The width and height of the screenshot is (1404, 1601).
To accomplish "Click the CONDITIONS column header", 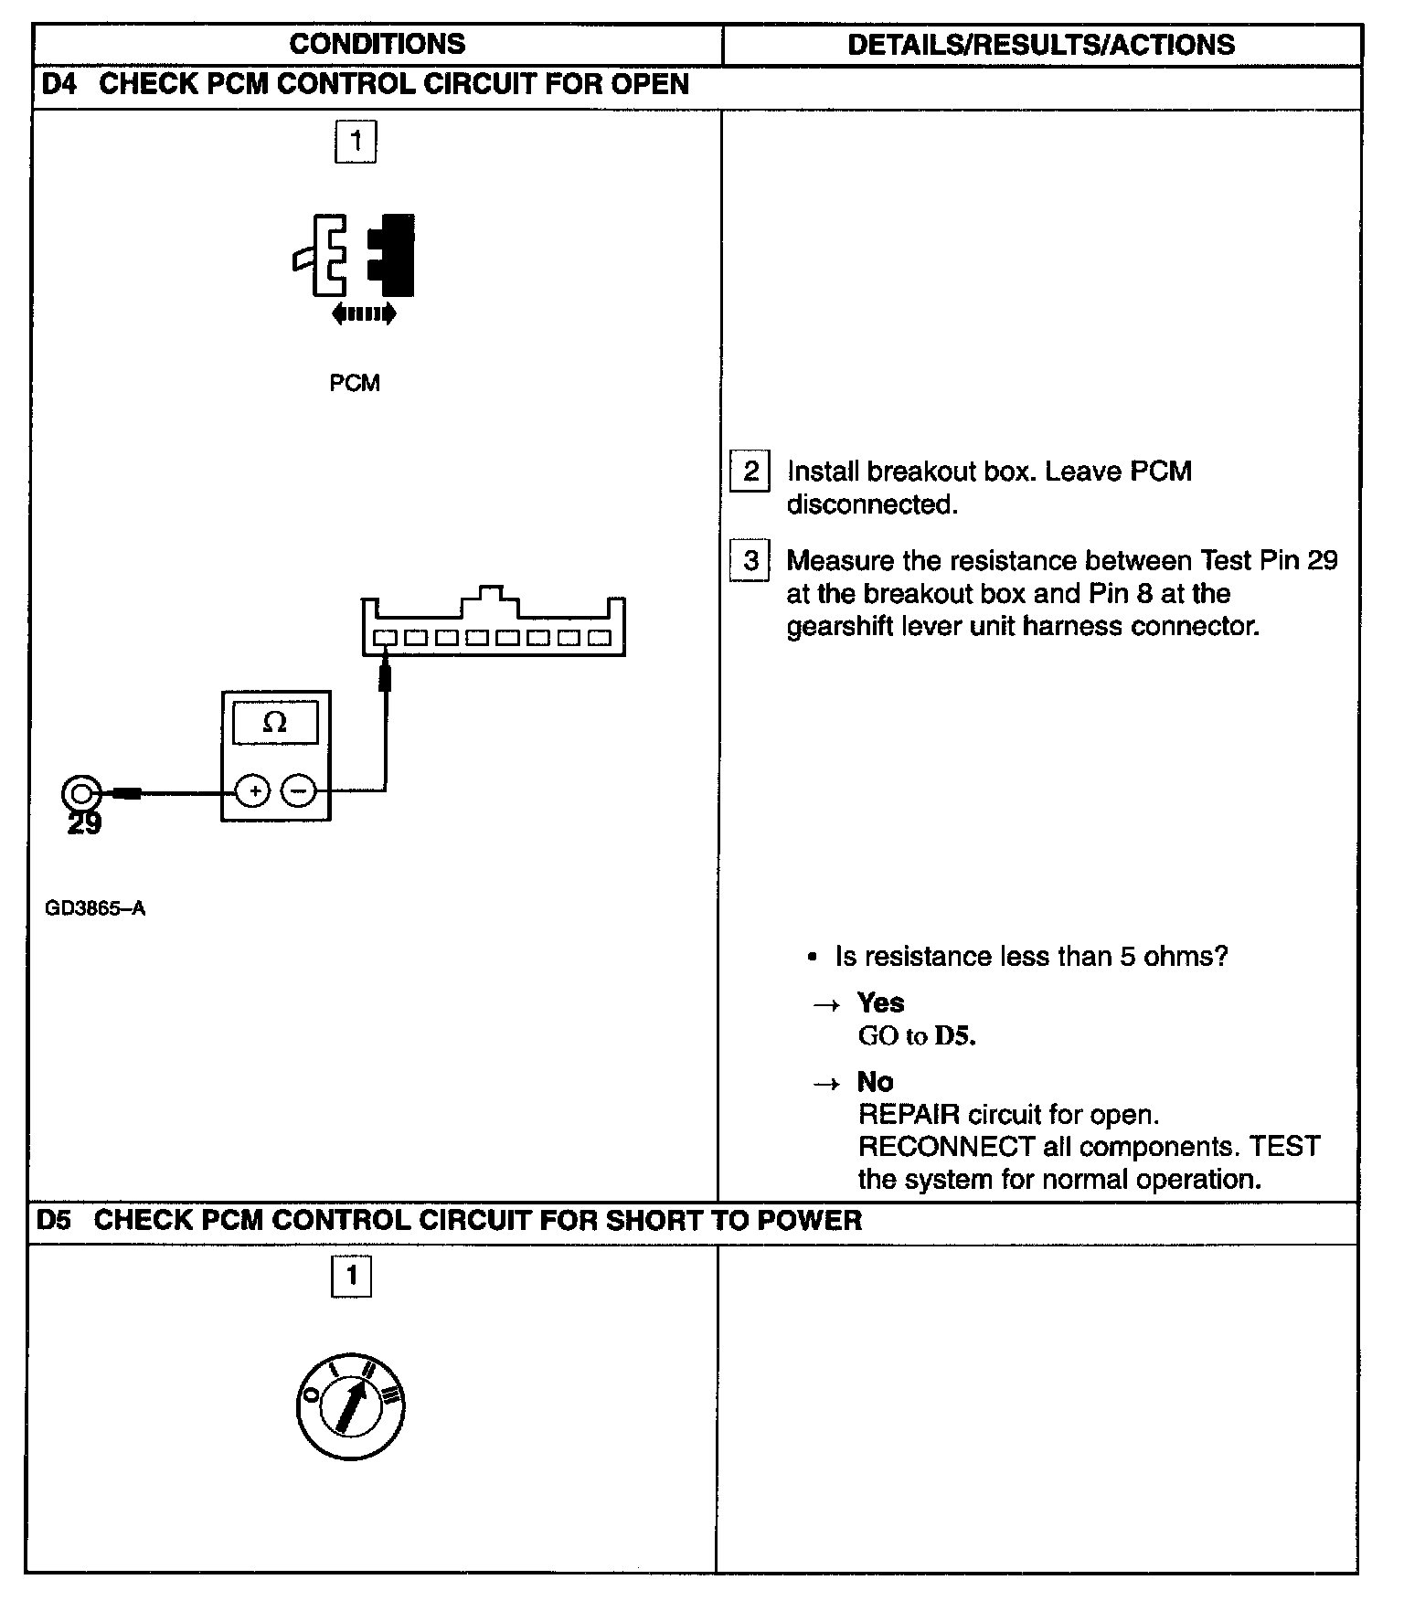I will (377, 44).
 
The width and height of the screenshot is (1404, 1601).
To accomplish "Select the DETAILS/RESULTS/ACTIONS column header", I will (1041, 45).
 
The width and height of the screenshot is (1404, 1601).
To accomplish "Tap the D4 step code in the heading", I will (60, 84).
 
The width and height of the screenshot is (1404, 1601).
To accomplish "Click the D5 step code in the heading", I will (54, 1220).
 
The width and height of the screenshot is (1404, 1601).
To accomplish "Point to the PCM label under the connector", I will (355, 383).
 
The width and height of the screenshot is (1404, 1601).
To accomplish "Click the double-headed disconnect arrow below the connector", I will (364, 314).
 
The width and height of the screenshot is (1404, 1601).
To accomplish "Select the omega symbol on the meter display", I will (274, 723).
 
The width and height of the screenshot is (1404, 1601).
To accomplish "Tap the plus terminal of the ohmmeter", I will (254, 790).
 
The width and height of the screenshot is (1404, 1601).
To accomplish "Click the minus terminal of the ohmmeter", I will (298, 790).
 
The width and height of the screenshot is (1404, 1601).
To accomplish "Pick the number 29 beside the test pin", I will (85, 824).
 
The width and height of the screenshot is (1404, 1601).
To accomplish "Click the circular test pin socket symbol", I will (81, 792).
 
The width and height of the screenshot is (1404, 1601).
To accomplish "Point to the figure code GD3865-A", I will (95, 908).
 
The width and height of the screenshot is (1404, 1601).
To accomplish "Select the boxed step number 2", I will (750, 472).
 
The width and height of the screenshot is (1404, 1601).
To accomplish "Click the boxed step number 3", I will (750, 560).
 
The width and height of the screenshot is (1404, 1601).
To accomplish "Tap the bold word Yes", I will (880, 1002).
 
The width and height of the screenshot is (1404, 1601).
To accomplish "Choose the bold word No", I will (875, 1082).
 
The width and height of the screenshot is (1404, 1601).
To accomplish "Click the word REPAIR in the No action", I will (909, 1115).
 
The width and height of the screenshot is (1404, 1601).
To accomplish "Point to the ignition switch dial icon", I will (351, 1406).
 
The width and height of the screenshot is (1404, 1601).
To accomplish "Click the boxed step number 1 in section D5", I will (352, 1276).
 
